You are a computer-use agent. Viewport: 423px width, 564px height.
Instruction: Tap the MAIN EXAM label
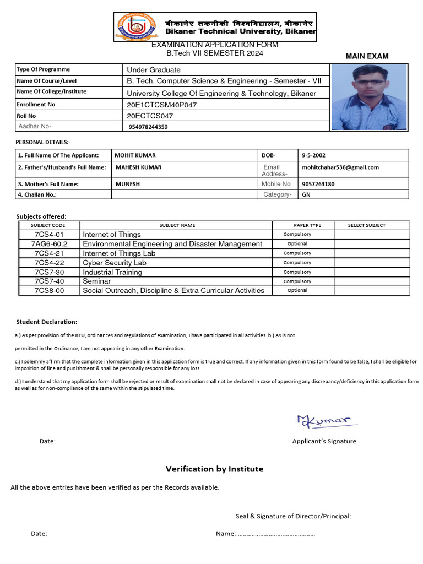pyautogui.click(x=367, y=56)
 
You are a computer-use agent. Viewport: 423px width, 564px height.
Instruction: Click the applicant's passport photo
pyautogui.click(x=369, y=97)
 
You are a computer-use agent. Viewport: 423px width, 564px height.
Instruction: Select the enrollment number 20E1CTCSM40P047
pyautogui.click(x=161, y=105)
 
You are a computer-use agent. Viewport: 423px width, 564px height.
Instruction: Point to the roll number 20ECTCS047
pyautogui.click(x=150, y=116)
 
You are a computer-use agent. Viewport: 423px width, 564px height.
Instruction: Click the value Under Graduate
pyautogui.click(x=154, y=70)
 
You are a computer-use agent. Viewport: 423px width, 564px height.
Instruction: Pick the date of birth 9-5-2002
pyautogui.click(x=314, y=155)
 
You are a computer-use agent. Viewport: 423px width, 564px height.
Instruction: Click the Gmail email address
pyautogui.click(x=340, y=167)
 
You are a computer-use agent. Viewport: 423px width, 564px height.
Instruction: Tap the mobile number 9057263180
pyautogui.click(x=318, y=184)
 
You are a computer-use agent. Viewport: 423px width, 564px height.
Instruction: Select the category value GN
pyautogui.click(x=307, y=194)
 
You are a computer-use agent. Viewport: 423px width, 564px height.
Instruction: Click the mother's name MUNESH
pyautogui.click(x=127, y=184)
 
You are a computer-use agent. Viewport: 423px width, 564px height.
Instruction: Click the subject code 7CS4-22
pyautogui.click(x=49, y=263)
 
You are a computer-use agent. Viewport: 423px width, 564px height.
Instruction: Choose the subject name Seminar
pyautogui.click(x=96, y=281)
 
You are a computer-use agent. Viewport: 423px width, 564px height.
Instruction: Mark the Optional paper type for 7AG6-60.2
pyautogui.click(x=297, y=244)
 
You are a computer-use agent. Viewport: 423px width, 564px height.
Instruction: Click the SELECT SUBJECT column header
pyautogui.click(x=367, y=225)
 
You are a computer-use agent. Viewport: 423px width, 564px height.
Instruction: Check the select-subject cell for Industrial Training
pyautogui.click(x=372, y=272)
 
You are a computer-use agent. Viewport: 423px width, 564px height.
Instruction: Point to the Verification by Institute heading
pyautogui.click(x=214, y=469)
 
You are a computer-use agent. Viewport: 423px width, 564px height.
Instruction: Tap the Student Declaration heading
pyautogui.click(x=47, y=322)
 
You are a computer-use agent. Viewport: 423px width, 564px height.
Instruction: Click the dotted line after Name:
pyautogui.click(x=276, y=534)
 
